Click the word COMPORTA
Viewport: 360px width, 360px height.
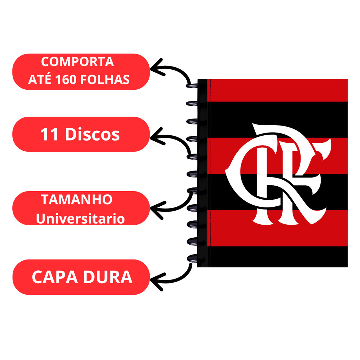coord(77,62)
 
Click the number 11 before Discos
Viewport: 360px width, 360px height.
coord(49,135)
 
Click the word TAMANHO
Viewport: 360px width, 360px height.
coord(77,200)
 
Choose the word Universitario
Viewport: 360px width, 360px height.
coord(80,219)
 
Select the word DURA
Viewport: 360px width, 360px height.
coord(108,277)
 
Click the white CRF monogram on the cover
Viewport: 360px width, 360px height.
coord(278,174)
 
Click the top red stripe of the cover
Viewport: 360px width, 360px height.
coord(278,90)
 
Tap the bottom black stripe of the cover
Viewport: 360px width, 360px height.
coord(278,256)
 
